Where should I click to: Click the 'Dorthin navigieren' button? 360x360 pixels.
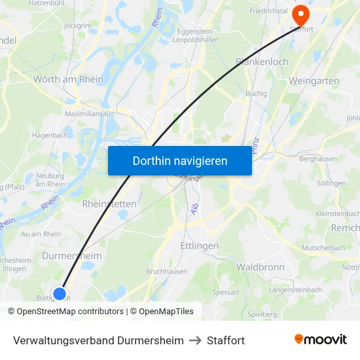tap(180, 160)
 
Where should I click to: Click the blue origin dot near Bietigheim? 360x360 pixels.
tap(60, 293)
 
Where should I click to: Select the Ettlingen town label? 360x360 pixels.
tap(198, 245)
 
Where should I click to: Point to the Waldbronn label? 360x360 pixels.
tap(260, 267)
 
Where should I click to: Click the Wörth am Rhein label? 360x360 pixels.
tap(68, 79)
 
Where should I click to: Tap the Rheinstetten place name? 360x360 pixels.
tap(109, 204)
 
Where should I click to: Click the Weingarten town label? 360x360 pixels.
tap(314, 81)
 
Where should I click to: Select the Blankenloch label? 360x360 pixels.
tap(261, 62)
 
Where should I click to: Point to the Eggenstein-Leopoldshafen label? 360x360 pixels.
tap(205, 34)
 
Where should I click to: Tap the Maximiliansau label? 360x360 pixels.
tap(88, 113)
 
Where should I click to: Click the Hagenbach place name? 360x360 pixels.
tap(50, 135)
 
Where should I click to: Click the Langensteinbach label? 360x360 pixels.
tap(295, 289)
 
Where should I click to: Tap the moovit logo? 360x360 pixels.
tap(321, 340)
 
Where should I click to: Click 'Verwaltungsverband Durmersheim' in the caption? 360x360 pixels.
tap(98, 340)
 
